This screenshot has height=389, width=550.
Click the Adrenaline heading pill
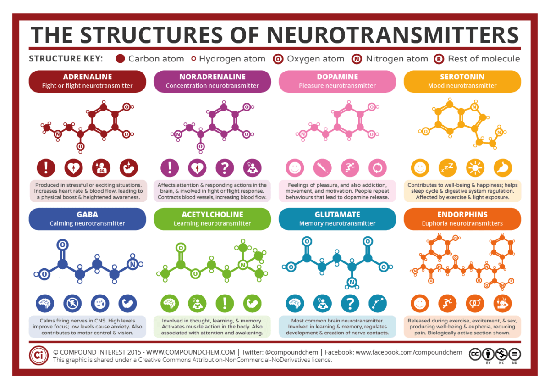pos(87,81)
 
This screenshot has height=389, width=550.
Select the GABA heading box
pos(87,219)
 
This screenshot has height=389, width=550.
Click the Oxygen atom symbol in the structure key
pos(278,59)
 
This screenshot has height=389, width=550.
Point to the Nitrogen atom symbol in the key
pos(357,59)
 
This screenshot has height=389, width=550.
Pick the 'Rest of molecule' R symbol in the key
pos(439,59)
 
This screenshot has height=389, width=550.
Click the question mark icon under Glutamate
pos(350,303)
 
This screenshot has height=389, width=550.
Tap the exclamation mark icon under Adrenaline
pos(45,168)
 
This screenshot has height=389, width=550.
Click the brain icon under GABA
pos(45,303)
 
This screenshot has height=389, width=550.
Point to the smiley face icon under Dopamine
pos(295,168)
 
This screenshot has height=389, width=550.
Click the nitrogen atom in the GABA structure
pos(132,264)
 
